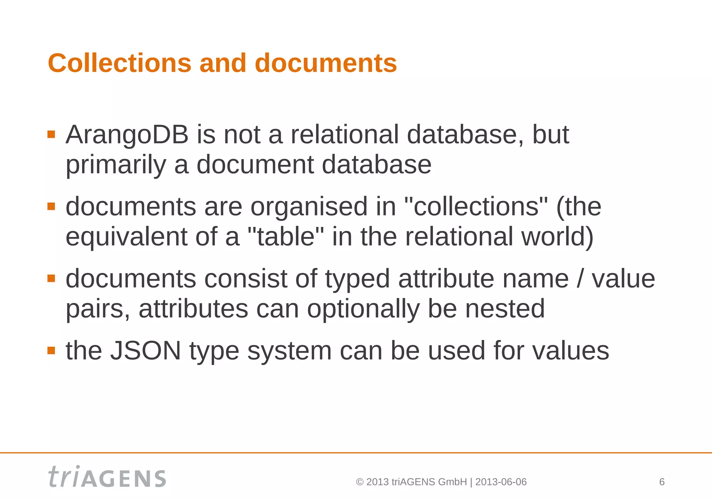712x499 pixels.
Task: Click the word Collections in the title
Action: point(120,63)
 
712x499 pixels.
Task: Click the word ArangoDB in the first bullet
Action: point(127,135)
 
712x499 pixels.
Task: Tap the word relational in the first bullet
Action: point(345,135)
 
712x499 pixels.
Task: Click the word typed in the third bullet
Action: point(357,279)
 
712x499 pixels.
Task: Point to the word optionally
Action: point(363,309)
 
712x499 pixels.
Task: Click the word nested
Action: point(505,309)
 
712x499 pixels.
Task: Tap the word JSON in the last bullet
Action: point(146,351)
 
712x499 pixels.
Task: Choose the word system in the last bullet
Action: point(289,351)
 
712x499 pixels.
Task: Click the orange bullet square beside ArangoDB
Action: point(51,134)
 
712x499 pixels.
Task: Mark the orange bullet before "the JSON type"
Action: point(51,350)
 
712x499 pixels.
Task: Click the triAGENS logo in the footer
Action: point(107,477)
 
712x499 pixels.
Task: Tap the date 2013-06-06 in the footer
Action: point(501,482)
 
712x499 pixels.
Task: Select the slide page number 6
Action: point(662,482)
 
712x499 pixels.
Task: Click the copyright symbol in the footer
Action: point(360,482)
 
